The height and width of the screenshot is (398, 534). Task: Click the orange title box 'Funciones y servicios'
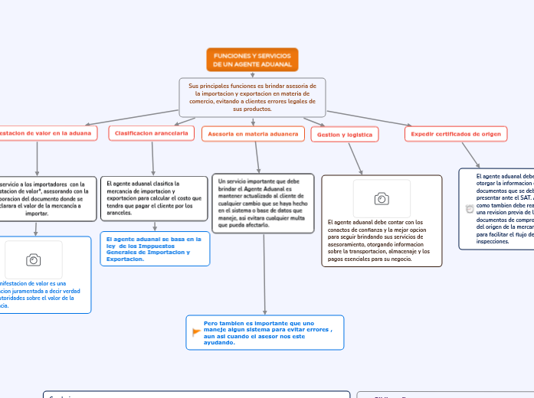[x=252, y=59]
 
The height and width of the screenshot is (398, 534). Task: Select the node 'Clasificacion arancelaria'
[x=152, y=133]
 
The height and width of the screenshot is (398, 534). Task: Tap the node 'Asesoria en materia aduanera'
[x=253, y=134]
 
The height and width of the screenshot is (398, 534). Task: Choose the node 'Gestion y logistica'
[x=345, y=135]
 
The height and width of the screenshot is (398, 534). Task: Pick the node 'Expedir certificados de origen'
[x=456, y=134]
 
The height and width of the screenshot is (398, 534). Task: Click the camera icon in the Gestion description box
[x=382, y=199]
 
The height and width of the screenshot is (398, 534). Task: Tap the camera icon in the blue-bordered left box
[x=34, y=260]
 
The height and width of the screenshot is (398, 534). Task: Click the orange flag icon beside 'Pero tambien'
[x=196, y=331]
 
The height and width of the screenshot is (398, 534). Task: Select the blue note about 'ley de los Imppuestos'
[x=155, y=249]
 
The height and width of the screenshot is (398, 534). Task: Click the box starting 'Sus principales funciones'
[x=252, y=97]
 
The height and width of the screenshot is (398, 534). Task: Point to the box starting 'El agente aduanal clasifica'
[x=154, y=198]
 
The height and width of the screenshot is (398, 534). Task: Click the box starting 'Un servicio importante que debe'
[x=263, y=204]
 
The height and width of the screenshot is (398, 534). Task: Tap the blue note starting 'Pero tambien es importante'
[x=265, y=332]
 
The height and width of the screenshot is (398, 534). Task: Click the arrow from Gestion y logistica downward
[x=354, y=159]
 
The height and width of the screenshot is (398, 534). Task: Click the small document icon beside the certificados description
[x=469, y=209]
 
